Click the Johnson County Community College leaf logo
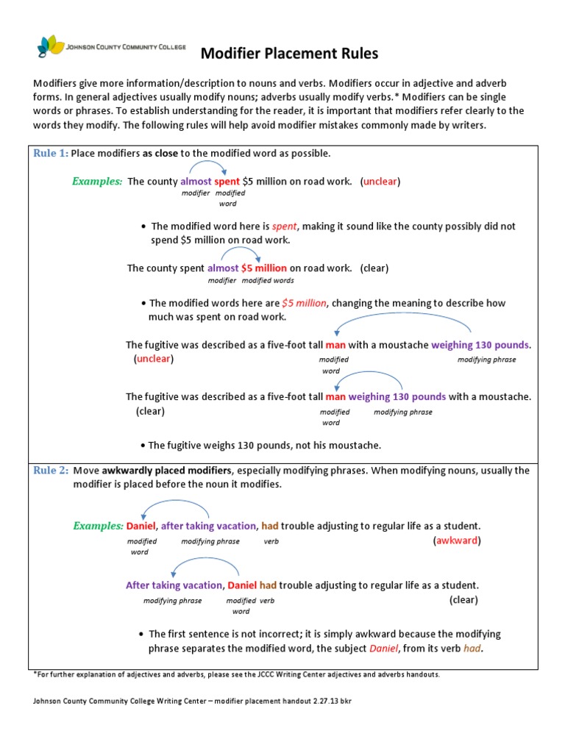pyautogui.click(x=51, y=46)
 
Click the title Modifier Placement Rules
pyautogui.click(x=289, y=54)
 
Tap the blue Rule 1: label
pyautogui.click(x=51, y=153)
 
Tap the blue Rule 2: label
pyautogui.click(x=51, y=471)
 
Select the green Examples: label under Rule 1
pyautogui.click(x=97, y=181)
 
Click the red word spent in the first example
pyautogui.click(x=227, y=181)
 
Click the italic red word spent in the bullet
pyautogui.click(x=285, y=226)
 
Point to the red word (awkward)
pyautogui.click(x=457, y=540)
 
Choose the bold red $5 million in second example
pyautogui.click(x=264, y=268)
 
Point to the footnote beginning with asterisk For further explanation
pyautogui.click(x=237, y=674)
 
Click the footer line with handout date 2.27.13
pyautogui.click(x=193, y=701)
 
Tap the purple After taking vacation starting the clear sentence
pyautogui.click(x=174, y=585)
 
